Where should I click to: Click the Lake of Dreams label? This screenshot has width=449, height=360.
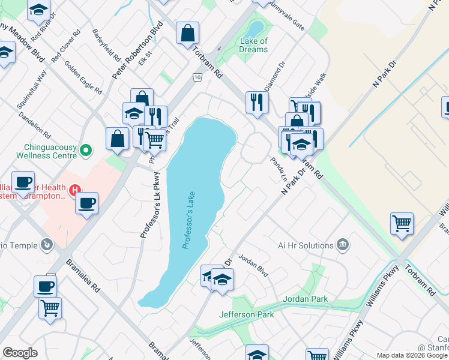pyautogui.click(x=254, y=45)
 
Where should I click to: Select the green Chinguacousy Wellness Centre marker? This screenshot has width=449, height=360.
pyautogui.click(x=85, y=149)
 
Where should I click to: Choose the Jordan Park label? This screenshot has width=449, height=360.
pyautogui.click(x=307, y=299)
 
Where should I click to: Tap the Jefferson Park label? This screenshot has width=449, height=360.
pyautogui.click(x=246, y=314)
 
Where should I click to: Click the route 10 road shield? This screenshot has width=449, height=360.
pyautogui.click(x=197, y=77)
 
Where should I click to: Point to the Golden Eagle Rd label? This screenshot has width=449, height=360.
pyautogui.click(x=83, y=78)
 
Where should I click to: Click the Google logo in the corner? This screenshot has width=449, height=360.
pyautogui.click(x=20, y=352)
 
